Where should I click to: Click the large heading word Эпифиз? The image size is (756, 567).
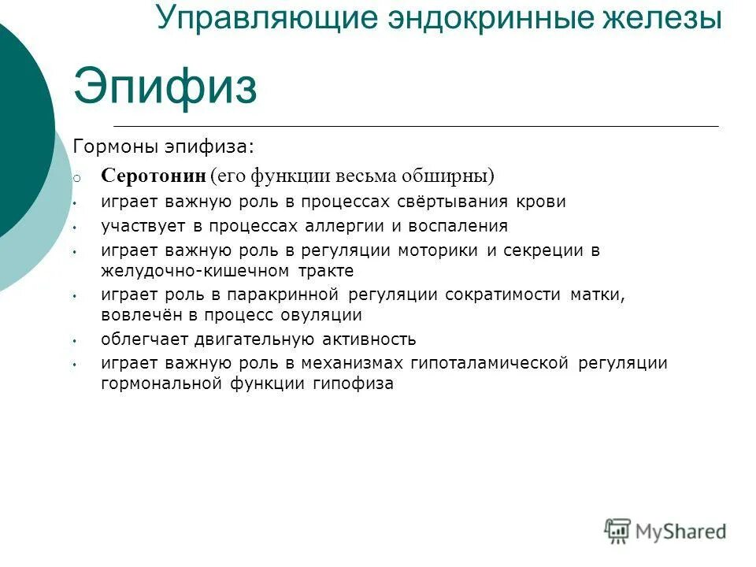tap(165, 87)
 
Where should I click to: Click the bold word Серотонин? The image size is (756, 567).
tap(153, 175)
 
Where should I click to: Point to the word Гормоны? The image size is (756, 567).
tap(116, 146)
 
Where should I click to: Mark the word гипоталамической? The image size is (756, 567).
tap(489, 364)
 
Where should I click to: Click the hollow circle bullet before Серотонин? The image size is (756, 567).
tap(76, 177)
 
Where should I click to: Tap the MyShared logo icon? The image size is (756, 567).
tap(617, 532)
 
